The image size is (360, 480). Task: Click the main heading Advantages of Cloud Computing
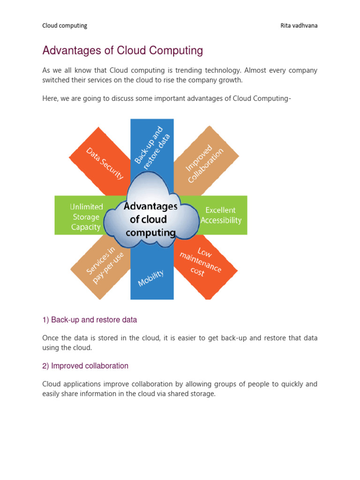pos(122,51)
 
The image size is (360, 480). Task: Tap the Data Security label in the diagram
pos(105,163)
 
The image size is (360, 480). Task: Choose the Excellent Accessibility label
pos(221,215)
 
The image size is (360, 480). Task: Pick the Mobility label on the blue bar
pos(150,278)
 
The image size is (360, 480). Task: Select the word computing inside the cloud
pos(151,232)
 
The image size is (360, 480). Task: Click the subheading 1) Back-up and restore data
pos(90,320)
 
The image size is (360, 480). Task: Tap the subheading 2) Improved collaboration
pos(85,366)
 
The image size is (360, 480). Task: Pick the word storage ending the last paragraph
pos(202,394)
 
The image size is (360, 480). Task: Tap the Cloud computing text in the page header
pos(65,26)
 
